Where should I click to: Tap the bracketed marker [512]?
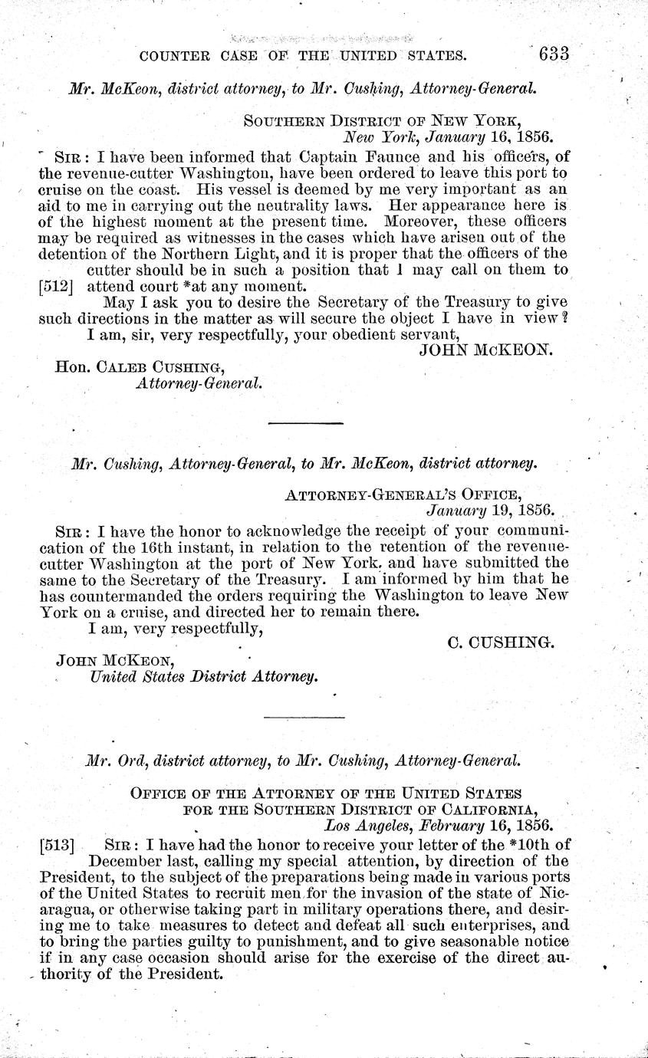pyautogui.click(x=54, y=287)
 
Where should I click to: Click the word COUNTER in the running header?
pyautogui.click(x=172, y=55)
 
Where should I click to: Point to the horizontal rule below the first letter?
pyautogui.click(x=306, y=423)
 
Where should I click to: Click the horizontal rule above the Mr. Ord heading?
pyautogui.click(x=304, y=717)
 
